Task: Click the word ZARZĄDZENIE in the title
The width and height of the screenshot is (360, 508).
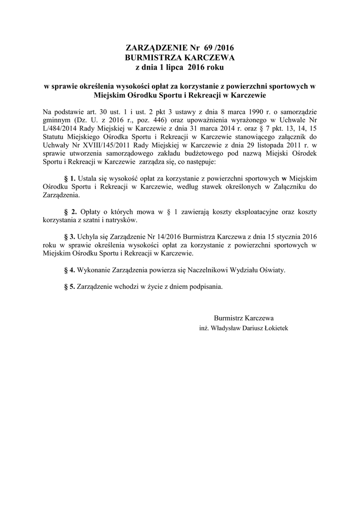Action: [x=155, y=48]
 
